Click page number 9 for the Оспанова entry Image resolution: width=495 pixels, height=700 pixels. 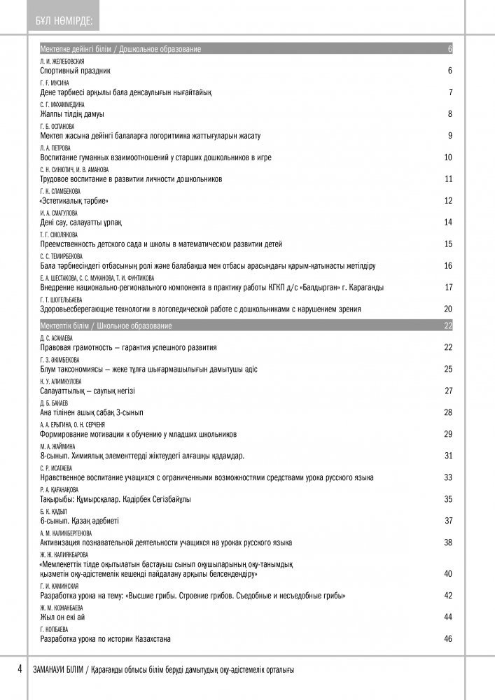tap(450, 135)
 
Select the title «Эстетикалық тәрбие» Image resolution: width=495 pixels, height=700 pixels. tap(79, 200)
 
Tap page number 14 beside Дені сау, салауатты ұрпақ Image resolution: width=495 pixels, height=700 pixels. tap(449, 222)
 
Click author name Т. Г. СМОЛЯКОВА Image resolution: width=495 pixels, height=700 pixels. tap(60, 234)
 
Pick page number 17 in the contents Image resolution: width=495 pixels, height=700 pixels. tap(449, 287)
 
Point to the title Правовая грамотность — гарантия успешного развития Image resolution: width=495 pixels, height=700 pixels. tap(128, 347)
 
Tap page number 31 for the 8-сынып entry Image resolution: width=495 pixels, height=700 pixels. tap(449, 456)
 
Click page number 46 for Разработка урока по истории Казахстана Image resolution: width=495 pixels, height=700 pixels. tap(449, 638)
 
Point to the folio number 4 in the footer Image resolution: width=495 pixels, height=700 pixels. tap(20, 670)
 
